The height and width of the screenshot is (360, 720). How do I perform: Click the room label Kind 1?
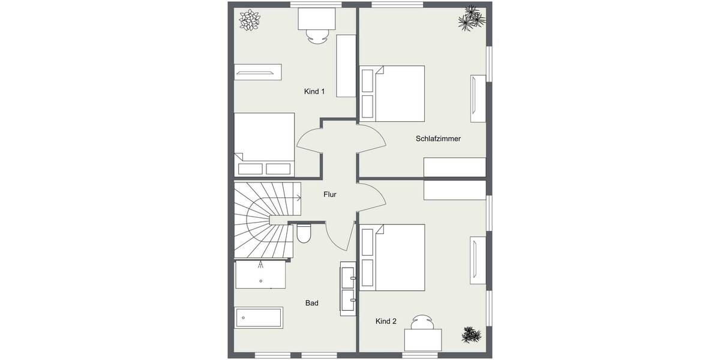[314, 92]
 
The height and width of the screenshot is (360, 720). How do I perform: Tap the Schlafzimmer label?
[438, 139]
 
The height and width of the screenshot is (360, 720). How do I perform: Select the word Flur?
[330, 194]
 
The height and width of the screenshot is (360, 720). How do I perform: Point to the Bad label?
[311, 304]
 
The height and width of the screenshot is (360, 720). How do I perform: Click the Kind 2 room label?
[386, 322]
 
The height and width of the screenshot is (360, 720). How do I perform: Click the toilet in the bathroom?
[304, 233]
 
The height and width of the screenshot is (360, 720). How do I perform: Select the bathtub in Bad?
[259, 317]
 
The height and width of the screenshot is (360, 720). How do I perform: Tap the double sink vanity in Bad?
[349, 288]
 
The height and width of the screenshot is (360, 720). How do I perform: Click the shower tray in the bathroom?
[260, 275]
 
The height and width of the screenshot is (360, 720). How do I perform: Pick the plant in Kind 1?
[250, 20]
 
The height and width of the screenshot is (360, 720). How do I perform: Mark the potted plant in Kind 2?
[470, 334]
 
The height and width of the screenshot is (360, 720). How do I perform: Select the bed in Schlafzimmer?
[392, 93]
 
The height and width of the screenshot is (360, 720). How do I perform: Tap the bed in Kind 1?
[264, 144]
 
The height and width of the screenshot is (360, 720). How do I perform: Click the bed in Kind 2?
[392, 257]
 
